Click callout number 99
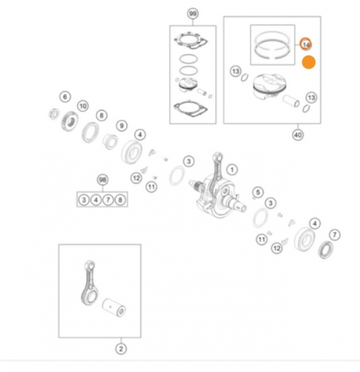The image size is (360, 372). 192,15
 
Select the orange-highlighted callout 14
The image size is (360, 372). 306,43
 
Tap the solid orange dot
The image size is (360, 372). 309,62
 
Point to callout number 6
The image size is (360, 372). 65,97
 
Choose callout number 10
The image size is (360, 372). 83,106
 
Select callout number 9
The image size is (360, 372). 121,126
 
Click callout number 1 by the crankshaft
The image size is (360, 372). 232,169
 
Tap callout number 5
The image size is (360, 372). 258,193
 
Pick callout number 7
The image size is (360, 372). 335,234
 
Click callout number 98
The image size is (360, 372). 102,179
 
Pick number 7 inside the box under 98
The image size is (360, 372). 109,199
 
